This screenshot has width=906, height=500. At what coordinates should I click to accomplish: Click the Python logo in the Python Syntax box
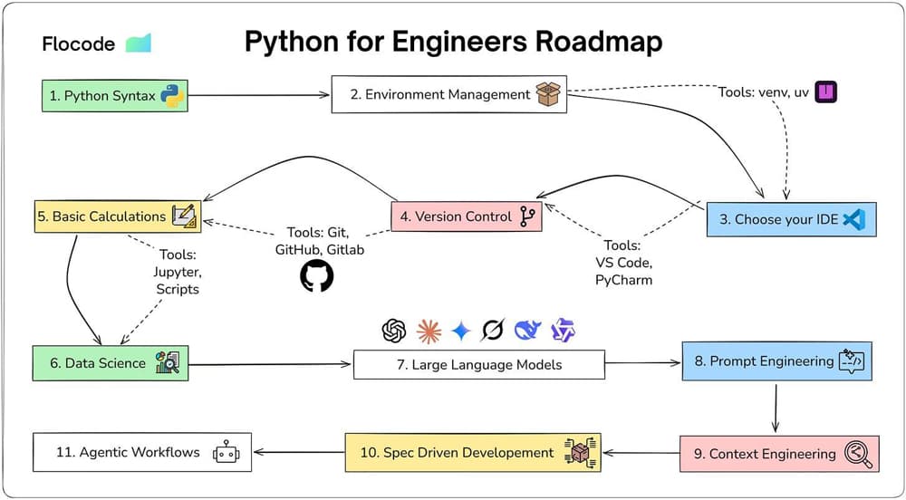point(172,95)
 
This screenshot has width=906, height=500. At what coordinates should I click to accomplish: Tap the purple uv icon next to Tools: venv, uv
point(825,91)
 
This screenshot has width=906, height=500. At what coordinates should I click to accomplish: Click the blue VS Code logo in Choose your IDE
point(853,218)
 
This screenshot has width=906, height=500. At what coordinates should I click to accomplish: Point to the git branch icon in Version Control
point(525,216)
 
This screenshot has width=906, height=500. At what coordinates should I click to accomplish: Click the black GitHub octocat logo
point(316,276)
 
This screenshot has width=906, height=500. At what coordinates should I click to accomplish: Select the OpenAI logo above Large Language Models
point(394,332)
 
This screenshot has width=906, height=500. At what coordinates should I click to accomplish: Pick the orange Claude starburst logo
point(428,332)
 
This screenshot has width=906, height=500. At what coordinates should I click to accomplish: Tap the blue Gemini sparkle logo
point(460,332)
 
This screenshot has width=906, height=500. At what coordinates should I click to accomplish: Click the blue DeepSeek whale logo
point(527,332)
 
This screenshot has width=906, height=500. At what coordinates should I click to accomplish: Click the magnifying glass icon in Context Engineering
point(856,453)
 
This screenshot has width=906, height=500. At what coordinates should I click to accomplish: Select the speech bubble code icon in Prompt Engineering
point(852,361)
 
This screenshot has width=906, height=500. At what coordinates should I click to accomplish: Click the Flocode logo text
point(79,43)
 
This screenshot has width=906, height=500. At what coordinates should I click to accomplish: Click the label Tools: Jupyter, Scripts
point(179,272)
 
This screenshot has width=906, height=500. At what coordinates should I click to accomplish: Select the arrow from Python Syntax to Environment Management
point(258,94)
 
